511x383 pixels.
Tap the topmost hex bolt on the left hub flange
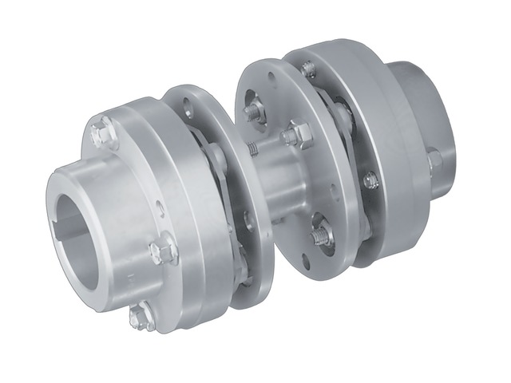tap(101, 132)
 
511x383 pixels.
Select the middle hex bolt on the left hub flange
tap(162, 251)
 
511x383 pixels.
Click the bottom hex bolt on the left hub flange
tap(141, 317)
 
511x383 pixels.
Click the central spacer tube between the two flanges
tap(279, 180)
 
